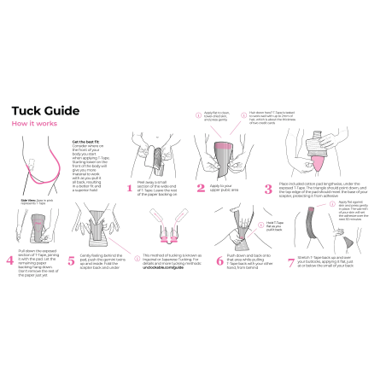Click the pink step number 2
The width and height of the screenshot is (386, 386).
coord(201,188)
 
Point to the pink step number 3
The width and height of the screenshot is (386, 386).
coord(270,188)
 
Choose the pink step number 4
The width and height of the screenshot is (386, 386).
coord(10,260)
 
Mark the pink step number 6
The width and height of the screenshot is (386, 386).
coord(219,260)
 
